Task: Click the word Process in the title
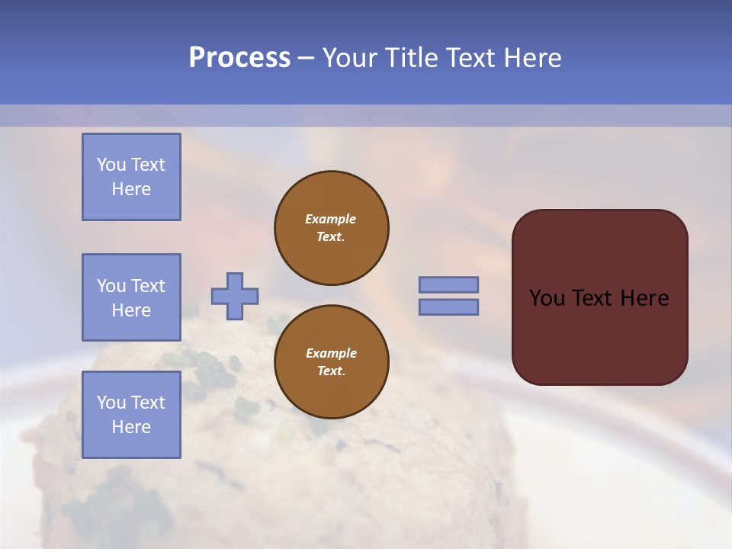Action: pos(239,58)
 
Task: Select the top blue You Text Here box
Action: pos(131,177)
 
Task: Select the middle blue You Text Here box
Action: pos(131,297)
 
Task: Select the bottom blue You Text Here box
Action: pos(131,415)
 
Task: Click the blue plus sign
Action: pos(235,296)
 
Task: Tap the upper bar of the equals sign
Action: pos(448,284)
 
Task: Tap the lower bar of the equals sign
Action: pos(448,307)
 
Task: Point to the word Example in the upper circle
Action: pos(331,219)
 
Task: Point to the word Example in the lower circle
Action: pos(331,353)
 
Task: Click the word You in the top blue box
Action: pos(111,165)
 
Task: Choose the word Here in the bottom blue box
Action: pos(131,427)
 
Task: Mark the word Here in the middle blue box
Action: pos(131,310)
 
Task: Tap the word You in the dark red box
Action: pos(547,298)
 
